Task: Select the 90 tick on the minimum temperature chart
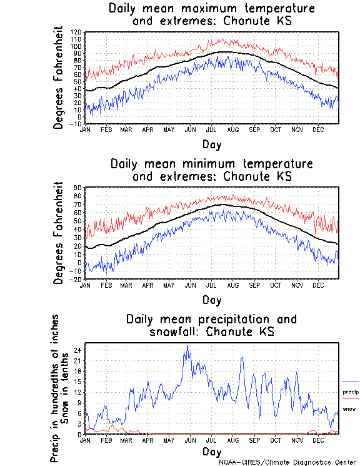click(78, 188)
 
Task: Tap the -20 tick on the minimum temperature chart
click(77, 280)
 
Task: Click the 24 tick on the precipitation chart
click(78, 350)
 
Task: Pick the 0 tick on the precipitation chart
click(79, 434)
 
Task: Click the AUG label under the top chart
click(232, 129)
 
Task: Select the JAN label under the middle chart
click(86, 285)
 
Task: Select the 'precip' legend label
click(351, 392)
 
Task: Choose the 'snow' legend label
click(349, 409)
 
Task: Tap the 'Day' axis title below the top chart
click(211, 144)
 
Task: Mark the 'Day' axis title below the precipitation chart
click(211, 452)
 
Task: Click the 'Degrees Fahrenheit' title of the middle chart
click(59, 233)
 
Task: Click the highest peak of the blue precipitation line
click(186, 345)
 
